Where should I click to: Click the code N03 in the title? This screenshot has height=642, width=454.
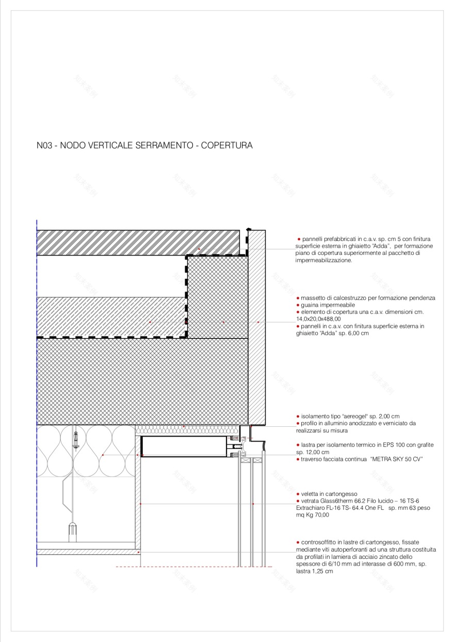44,146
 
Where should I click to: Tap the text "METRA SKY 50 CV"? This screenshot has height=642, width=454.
397,459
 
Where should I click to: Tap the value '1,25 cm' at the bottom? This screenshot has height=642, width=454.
322,571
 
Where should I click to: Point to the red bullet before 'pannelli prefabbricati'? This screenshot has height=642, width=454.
299,239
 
